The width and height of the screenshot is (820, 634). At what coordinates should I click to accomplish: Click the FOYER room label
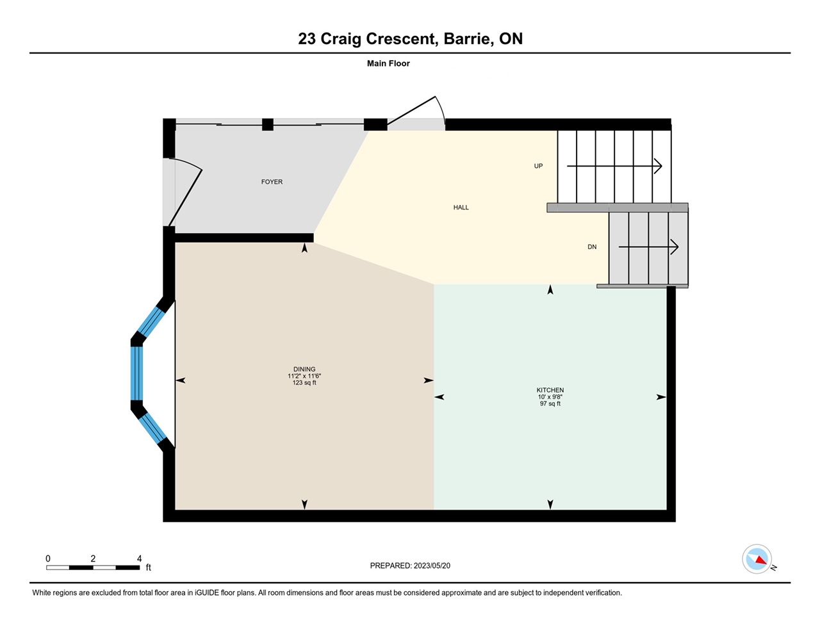[x=272, y=182]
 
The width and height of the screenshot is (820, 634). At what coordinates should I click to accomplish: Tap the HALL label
[x=461, y=207]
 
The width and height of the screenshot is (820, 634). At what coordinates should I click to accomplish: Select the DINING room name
[x=304, y=370]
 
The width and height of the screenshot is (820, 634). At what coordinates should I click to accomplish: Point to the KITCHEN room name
[x=550, y=390]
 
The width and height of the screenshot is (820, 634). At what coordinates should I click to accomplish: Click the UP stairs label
[x=538, y=166]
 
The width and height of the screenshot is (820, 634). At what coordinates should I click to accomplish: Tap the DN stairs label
[x=592, y=247]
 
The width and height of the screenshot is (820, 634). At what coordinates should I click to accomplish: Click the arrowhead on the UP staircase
[x=658, y=166]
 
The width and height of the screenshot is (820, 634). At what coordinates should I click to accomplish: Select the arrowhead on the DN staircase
[x=675, y=247]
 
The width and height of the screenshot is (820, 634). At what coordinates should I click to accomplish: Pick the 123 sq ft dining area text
[x=304, y=383]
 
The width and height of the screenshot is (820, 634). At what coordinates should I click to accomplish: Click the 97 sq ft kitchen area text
[x=550, y=403]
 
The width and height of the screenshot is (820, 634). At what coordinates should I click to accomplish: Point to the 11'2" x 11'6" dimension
[x=304, y=376]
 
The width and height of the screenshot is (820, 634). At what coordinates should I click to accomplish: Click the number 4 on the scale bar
[x=139, y=558]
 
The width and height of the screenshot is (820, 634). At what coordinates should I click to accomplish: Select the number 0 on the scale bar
[x=48, y=558]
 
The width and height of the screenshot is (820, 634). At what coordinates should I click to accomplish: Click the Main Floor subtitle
[x=388, y=63]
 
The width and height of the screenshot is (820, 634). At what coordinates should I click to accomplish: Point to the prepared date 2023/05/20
[x=432, y=565]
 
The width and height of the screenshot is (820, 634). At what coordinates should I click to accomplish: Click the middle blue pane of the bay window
[x=136, y=373]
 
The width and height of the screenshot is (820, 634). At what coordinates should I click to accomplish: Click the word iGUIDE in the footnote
[x=207, y=593]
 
